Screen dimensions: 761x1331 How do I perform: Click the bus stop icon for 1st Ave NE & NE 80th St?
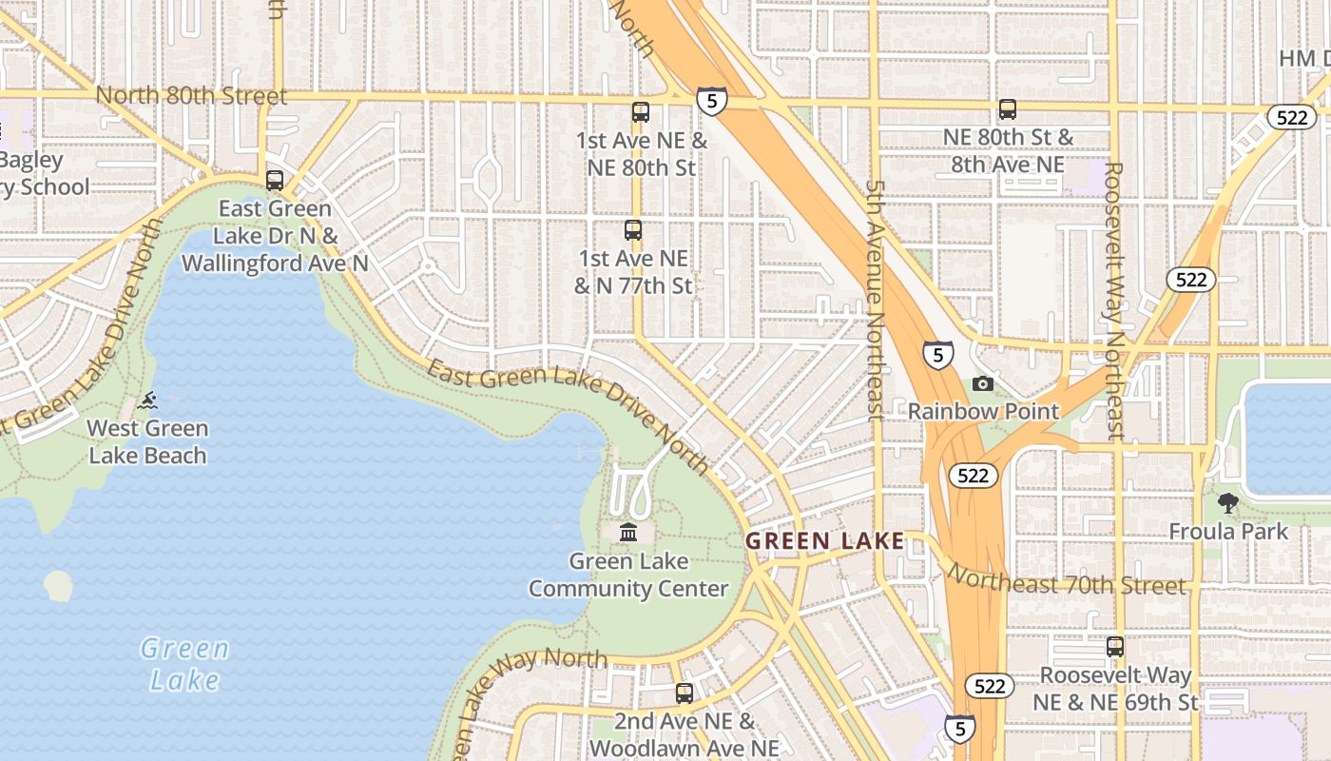[641, 112]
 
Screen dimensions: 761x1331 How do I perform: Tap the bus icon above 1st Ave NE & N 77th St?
[633, 230]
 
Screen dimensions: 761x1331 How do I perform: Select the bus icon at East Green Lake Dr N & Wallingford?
[275, 180]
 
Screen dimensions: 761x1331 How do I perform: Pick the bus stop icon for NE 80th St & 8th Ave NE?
[1008, 109]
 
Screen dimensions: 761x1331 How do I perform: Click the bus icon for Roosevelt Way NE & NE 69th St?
[1115, 647]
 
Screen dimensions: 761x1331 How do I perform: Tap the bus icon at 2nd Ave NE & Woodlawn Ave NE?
[685, 693]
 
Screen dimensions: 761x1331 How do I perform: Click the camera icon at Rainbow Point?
[983, 383]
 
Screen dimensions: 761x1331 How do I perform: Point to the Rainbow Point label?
[983, 412]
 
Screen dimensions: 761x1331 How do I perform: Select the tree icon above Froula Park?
[1228, 502]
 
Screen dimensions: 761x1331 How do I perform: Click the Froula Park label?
[1228, 531]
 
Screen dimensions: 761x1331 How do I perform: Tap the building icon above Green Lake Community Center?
[628, 532]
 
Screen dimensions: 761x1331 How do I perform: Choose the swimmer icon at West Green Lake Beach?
[148, 400]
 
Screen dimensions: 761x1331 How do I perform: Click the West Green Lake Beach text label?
[147, 441]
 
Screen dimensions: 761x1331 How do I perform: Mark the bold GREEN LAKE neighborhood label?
[824, 541]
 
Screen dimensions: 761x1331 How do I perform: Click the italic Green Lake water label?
[184, 664]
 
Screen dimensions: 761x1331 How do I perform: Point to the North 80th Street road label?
[190, 96]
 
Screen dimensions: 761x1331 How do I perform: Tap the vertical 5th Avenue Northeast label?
[876, 300]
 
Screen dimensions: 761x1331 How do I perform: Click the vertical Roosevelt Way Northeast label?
[1115, 300]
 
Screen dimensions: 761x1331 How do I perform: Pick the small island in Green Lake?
[58, 585]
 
